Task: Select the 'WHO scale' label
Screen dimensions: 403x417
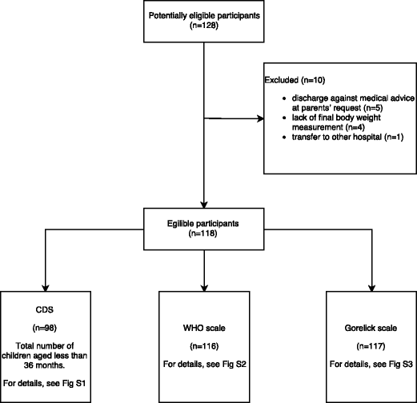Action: pyautogui.click(x=207, y=327)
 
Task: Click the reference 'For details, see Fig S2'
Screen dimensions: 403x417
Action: pyautogui.click(x=207, y=364)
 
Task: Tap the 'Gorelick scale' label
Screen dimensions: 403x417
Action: pyautogui.click(x=371, y=327)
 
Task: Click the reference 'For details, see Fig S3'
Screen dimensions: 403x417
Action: pyautogui.click(x=371, y=364)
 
